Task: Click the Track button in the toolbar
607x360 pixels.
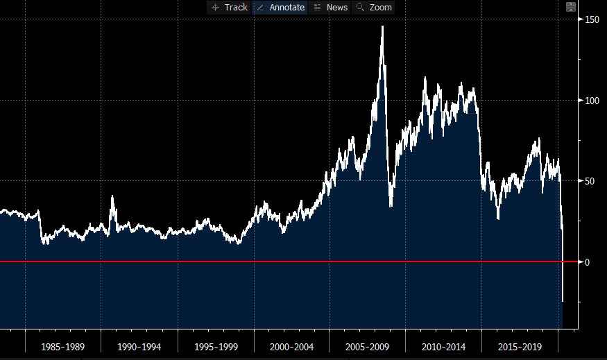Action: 230,8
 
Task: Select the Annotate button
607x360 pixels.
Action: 280,8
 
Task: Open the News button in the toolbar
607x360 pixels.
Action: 330,8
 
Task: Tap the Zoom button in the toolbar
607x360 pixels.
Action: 374,8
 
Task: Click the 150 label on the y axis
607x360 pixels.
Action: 591,19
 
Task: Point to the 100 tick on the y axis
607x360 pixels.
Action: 591,101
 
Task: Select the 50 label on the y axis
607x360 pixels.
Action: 589,181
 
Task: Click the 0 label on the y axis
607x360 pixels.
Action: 587,262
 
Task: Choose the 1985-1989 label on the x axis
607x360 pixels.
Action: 63,345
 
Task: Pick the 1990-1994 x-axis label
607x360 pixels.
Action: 139,345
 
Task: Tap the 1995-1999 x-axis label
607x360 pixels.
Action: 216,345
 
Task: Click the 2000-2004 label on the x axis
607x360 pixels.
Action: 291,345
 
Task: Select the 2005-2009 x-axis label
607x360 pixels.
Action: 368,345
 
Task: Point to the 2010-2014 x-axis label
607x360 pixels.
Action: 444,345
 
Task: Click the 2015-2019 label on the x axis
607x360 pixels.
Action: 520,345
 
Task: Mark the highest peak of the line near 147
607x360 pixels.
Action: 382,26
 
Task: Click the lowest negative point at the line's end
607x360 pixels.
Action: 563,302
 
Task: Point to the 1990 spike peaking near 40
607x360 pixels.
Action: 112,196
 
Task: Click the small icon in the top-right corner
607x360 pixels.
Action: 571,7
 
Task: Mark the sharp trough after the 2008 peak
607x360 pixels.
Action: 391,206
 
